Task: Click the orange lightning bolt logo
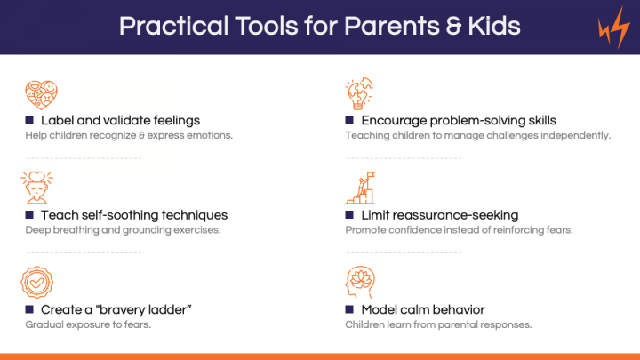[614, 28]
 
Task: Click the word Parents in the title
[391, 26]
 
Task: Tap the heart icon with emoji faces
[41, 95]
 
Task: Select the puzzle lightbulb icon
[359, 93]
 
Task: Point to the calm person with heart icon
[36, 188]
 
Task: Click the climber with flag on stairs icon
[360, 188]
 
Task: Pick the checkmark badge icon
[36, 282]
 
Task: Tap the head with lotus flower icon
[360, 282]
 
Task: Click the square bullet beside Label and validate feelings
[29, 120]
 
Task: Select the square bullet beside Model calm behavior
[349, 309]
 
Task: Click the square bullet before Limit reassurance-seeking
[349, 215]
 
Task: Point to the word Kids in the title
[494, 26]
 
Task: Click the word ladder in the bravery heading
[170, 310]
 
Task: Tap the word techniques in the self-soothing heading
[195, 215]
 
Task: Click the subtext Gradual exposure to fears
[88, 324]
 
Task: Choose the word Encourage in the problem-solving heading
[394, 121]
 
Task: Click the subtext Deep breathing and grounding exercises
[123, 230]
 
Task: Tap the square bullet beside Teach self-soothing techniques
[29, 215]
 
